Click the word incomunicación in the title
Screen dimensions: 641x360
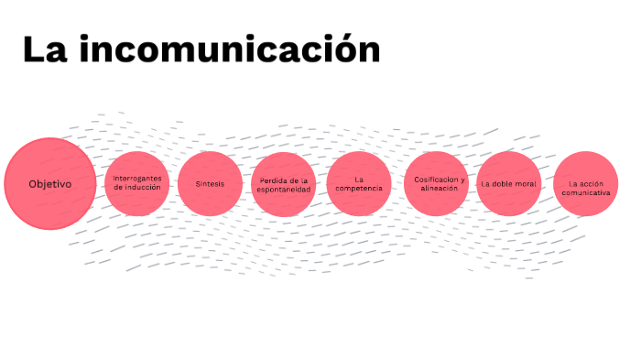click(228, 50)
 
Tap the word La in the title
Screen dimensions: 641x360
click(44, 49)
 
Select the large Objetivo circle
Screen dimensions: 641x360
click(50, 183)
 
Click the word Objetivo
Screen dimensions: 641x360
click(50, 183)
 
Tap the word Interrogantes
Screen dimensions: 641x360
click(137, 178)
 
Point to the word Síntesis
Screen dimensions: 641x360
click(210, 183)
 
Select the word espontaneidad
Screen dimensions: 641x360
click(284, 189)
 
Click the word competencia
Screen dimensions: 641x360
click(359, 188)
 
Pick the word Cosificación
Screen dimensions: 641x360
click(430, 179)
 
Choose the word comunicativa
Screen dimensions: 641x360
click(586, 193)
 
